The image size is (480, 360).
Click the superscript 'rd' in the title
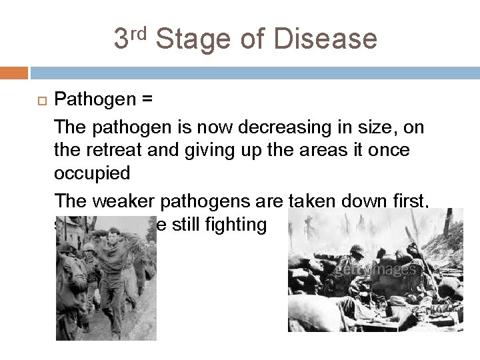point(140,31)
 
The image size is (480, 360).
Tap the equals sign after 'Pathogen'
point(146,100)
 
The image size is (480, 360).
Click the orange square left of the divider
point(14,72)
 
